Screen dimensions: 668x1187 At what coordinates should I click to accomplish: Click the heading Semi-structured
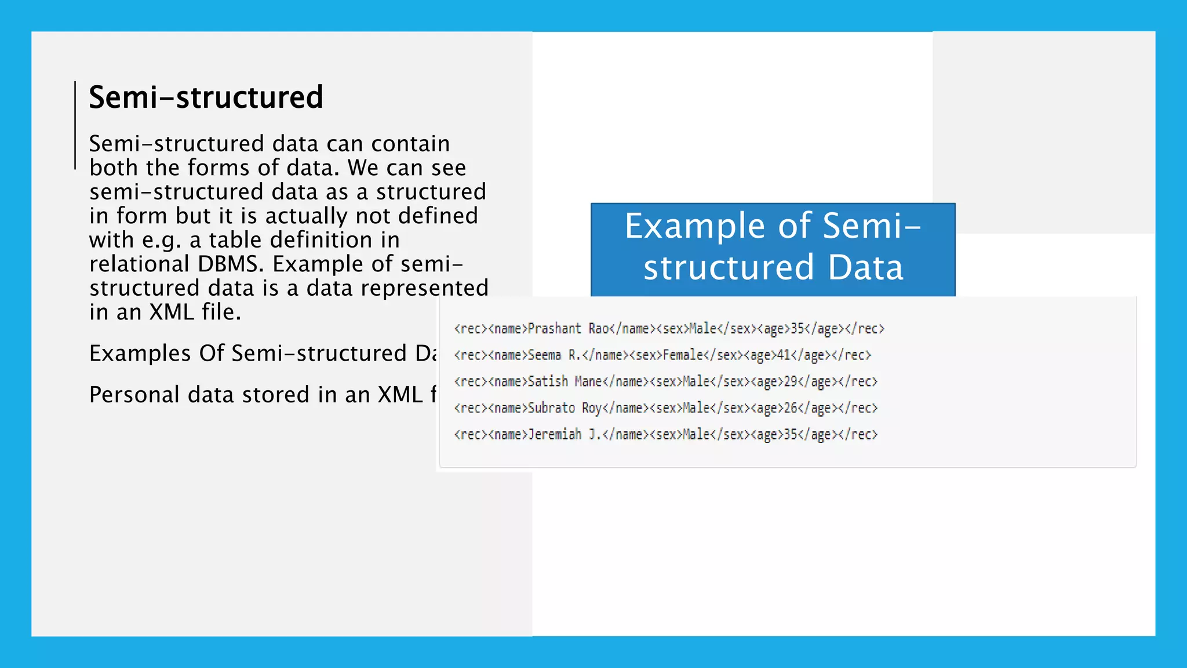pos(206,97)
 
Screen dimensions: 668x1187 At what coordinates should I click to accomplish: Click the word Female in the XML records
pos(683,355)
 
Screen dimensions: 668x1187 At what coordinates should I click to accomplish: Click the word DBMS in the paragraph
pos(230,264)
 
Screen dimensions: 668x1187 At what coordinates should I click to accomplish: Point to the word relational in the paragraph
pos(140,264)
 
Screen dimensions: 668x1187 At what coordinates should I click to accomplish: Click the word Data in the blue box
pos(865,267)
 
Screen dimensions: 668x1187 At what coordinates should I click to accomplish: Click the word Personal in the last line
pos(134,395)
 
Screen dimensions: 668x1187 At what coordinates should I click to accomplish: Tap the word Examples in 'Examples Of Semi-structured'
pos(140,353)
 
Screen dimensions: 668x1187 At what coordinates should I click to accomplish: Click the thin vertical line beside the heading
pos(75,125)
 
